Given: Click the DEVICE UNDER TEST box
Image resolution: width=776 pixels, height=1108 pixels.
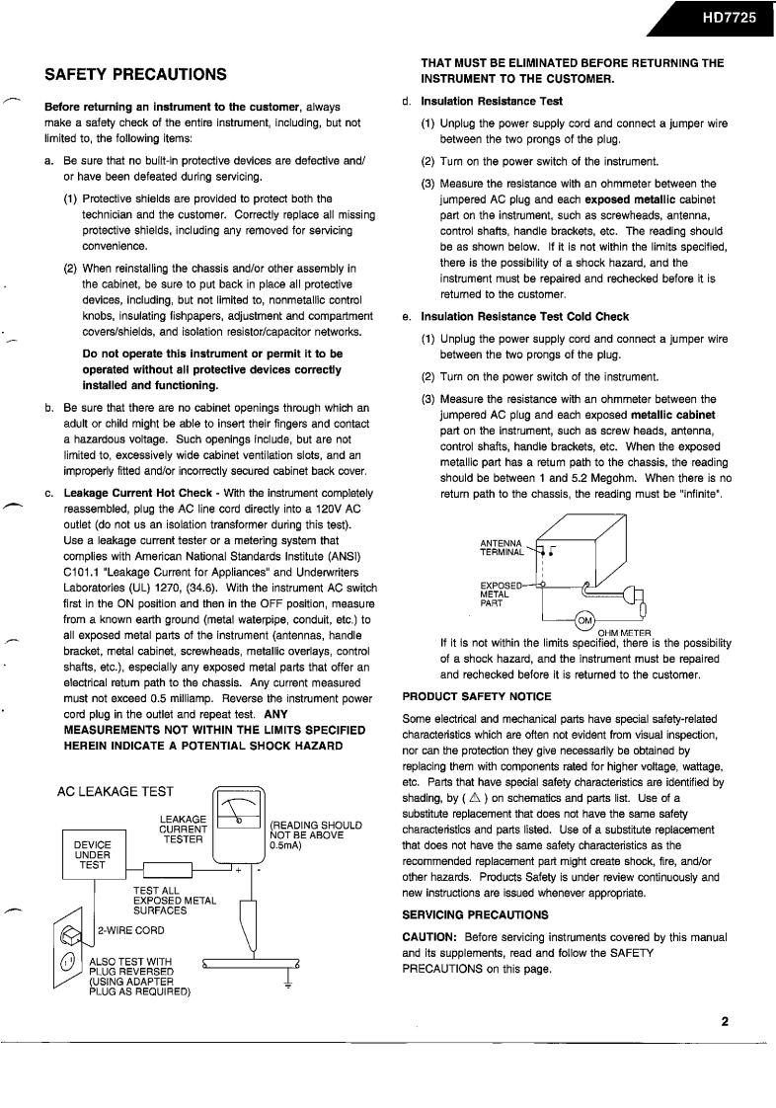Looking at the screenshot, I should click(93, 855).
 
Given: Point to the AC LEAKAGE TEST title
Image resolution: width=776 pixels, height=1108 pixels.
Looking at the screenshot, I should click(116, 763).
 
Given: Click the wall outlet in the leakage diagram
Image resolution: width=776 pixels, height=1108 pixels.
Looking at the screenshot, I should click(70, 945).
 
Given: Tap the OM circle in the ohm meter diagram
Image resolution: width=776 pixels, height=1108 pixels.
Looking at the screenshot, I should click(583, 619).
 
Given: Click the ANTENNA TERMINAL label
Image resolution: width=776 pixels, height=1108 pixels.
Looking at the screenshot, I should click(502, 549).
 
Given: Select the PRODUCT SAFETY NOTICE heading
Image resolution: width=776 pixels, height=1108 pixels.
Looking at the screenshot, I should click(477, 696).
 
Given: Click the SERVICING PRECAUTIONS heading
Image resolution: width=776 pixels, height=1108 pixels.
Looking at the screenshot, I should click(475, 914).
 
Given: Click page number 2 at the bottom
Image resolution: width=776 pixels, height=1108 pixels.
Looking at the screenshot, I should click(724, 1021).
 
